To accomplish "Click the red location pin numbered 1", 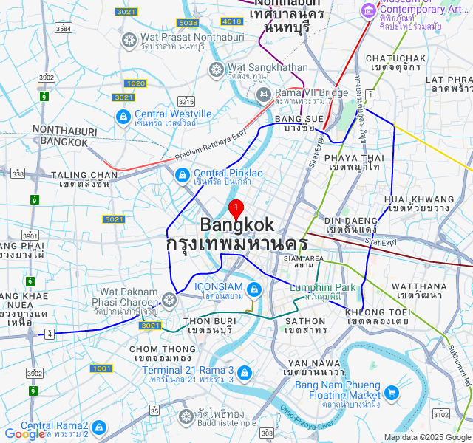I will click(236, 207).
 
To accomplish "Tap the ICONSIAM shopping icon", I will click(254, 289).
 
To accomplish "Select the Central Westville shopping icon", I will click(123, 117).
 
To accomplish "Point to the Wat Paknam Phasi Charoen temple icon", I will click(169, 300).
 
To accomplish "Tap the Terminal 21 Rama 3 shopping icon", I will click(245, 374).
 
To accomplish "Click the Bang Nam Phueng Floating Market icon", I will click(391, 393).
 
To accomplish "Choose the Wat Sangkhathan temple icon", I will click(217, 69).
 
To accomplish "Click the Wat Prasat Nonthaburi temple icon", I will click(129, 39).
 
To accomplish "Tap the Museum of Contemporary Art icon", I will click(368, 10).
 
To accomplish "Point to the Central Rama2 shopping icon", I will click(99, 428).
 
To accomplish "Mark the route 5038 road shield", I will click(188, 23).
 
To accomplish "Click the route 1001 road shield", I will click(101, 368).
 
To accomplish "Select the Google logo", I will click(24, 435).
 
